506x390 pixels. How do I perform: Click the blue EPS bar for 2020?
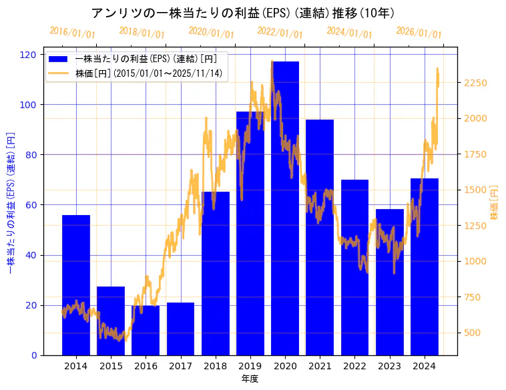(x=285, y=214)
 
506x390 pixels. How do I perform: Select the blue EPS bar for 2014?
(x=76, y=287)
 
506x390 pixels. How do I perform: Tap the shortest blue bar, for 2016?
(x=146, y=331)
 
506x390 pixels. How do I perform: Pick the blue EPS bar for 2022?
(x=354, y=267)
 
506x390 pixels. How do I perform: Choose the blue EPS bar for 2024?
(x=425, y=267)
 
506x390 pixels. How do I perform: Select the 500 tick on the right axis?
(x=471, y=333)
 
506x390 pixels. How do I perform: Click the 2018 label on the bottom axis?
(x=216, y=366)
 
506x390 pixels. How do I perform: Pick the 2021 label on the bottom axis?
(x=320, y=366)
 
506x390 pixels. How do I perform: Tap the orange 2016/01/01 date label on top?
(x=72, y=32)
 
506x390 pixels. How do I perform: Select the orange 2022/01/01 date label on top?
(x=280, y=32)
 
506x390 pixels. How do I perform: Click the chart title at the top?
(x=242, y=13)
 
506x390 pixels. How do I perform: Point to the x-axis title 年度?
(x=250, y=379)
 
